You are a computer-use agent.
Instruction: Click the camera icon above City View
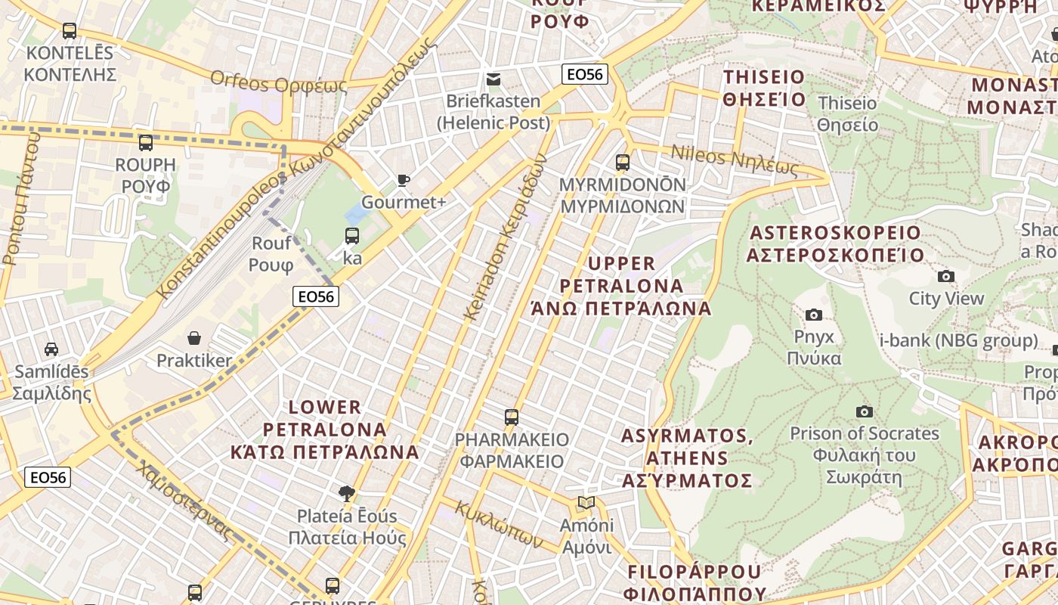tap(945, 276)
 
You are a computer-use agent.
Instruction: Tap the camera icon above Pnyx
tap(814, 315)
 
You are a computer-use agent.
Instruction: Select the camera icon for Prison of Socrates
tap(865, 411)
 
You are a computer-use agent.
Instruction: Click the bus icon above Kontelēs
tap(70, 31)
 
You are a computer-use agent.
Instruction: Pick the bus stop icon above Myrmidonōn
tap(623, 162)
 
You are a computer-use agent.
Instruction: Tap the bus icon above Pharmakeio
tap(512, 417)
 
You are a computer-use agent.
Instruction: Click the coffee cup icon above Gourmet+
tap(404, 180)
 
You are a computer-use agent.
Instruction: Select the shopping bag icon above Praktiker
tap(194, 337)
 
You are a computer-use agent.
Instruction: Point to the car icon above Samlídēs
tap(51, 349)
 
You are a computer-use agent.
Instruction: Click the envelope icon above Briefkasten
tap(493, 79)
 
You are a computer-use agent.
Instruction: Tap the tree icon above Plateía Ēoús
tap(347, 494)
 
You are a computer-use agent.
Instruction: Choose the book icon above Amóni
tap(586, 503)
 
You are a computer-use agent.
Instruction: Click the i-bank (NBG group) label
tap(958, 340)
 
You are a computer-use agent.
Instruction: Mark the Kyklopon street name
tap(498, 524)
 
